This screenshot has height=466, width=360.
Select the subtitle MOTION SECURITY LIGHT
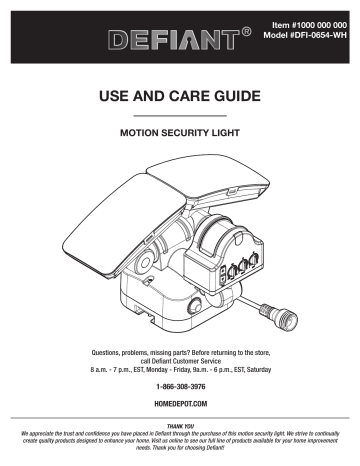point(179,133)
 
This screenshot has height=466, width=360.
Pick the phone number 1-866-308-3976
point(180,385)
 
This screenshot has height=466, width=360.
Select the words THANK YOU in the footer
point(180,423)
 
